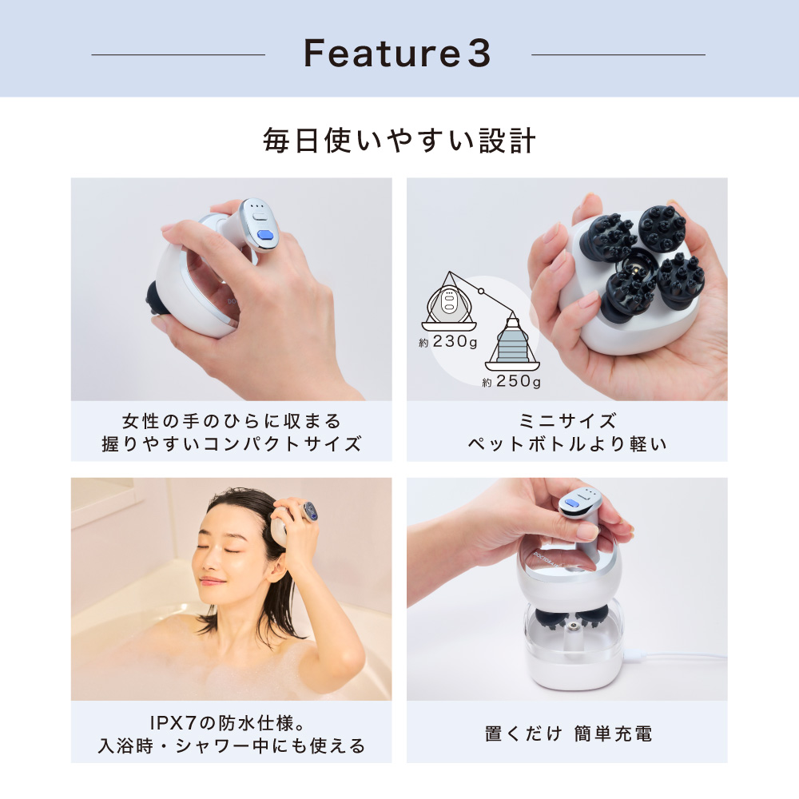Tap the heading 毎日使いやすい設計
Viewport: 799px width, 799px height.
pos(399,141)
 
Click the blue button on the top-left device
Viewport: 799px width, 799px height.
pos(265,235)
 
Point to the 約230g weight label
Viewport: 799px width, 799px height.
pos(448,341)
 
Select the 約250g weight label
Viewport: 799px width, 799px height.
pos(511,381)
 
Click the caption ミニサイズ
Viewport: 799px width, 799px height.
pos(567,421)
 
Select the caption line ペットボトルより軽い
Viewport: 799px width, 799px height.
pos(567,443)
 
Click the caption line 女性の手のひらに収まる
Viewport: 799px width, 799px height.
pos(232,421)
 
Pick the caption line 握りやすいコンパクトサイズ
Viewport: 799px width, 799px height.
pos(232,443)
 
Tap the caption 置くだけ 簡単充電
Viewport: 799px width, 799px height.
pos(568,733)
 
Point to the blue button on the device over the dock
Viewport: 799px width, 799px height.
pos(574,503)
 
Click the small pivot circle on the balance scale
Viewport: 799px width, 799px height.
pos(480,292)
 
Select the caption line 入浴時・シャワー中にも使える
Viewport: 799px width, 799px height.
pos(232,745)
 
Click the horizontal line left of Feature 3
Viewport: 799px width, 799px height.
pos(178,54)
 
